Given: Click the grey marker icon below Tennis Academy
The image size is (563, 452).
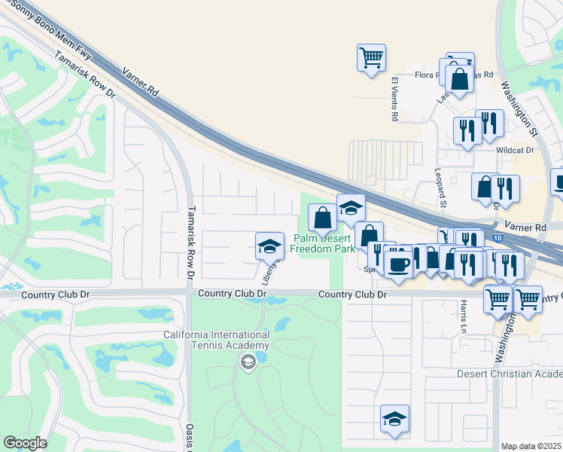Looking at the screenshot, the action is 247,363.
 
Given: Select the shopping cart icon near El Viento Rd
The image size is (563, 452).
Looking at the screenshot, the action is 371,57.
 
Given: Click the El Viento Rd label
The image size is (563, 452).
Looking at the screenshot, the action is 394,99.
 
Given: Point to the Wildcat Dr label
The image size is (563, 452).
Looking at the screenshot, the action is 514,150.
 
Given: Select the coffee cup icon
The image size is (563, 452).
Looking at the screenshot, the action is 398,264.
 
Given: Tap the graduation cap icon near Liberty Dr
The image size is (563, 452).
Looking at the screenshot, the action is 269,246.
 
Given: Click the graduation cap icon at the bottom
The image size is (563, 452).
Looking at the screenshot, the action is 394,419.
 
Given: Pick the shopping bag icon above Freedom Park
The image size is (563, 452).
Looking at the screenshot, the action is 323,218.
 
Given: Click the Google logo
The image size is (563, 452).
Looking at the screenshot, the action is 25,443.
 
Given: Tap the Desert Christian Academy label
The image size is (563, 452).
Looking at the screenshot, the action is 510,374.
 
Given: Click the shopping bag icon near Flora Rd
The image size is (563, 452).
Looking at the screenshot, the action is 459,78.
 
